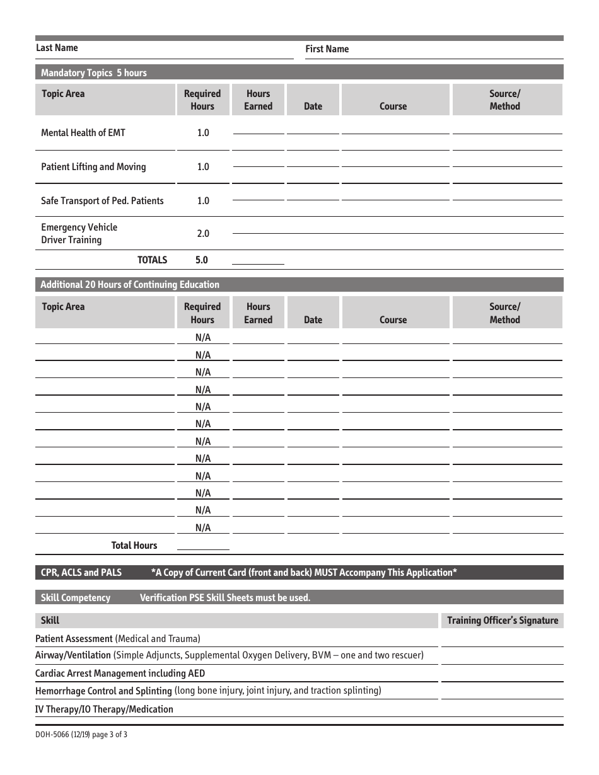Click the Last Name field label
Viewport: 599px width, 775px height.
(x=57, y=48)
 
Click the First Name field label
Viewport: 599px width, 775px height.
(x=327, y=49)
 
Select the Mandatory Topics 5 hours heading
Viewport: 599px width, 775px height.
(x=93, y=73)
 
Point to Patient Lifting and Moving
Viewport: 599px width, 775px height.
(x=93, y=167)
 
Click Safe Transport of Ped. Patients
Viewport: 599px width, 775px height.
(x=102, y=201)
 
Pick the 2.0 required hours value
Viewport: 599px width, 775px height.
(x=202, y=234)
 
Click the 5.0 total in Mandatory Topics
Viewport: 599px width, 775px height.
(x=202, y=260)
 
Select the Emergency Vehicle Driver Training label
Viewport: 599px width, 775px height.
(x=79, y=234)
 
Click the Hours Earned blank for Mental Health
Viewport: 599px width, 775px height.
(x=258, y=129)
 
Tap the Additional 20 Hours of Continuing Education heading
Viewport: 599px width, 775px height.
(x=130, y=285)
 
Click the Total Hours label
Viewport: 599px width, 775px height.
(x=134, y=546)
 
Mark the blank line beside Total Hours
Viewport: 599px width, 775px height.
(x=203, y=546)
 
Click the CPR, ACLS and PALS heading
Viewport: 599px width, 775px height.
(x=81, y=573)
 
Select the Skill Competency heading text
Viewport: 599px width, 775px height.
(x=76, y=598)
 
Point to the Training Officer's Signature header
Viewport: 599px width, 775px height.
(x=503, y=621)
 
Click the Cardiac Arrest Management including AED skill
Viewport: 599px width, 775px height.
(x=120, y=674)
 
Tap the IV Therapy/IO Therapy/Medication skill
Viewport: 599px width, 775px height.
(x=104, y=709)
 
